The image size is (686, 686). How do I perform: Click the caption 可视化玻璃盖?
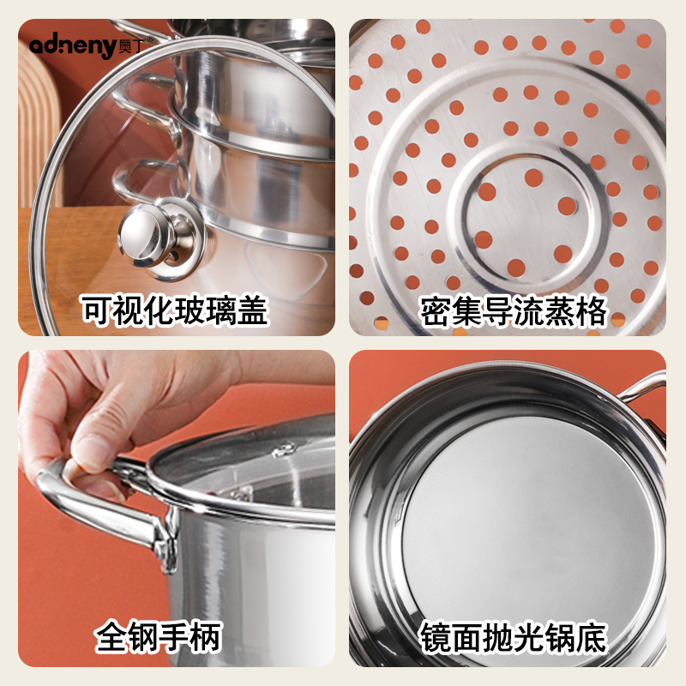[x=175, y=310]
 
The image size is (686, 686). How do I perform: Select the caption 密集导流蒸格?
[x=514, y=311]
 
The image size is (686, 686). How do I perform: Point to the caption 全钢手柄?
[x=159, y=636]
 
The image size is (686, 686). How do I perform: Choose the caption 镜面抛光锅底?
[x=514, y=637]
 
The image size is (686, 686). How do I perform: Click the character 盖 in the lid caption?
[x=252, y=310]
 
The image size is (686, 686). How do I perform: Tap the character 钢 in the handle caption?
[x=142, y=636]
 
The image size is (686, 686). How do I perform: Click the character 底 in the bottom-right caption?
[x=593, y=637]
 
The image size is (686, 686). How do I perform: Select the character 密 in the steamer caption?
[x=435, y=311]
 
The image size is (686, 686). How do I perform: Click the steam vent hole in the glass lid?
[x=285, y=449]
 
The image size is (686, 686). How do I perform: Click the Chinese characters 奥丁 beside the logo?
[x=130, y=45]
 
